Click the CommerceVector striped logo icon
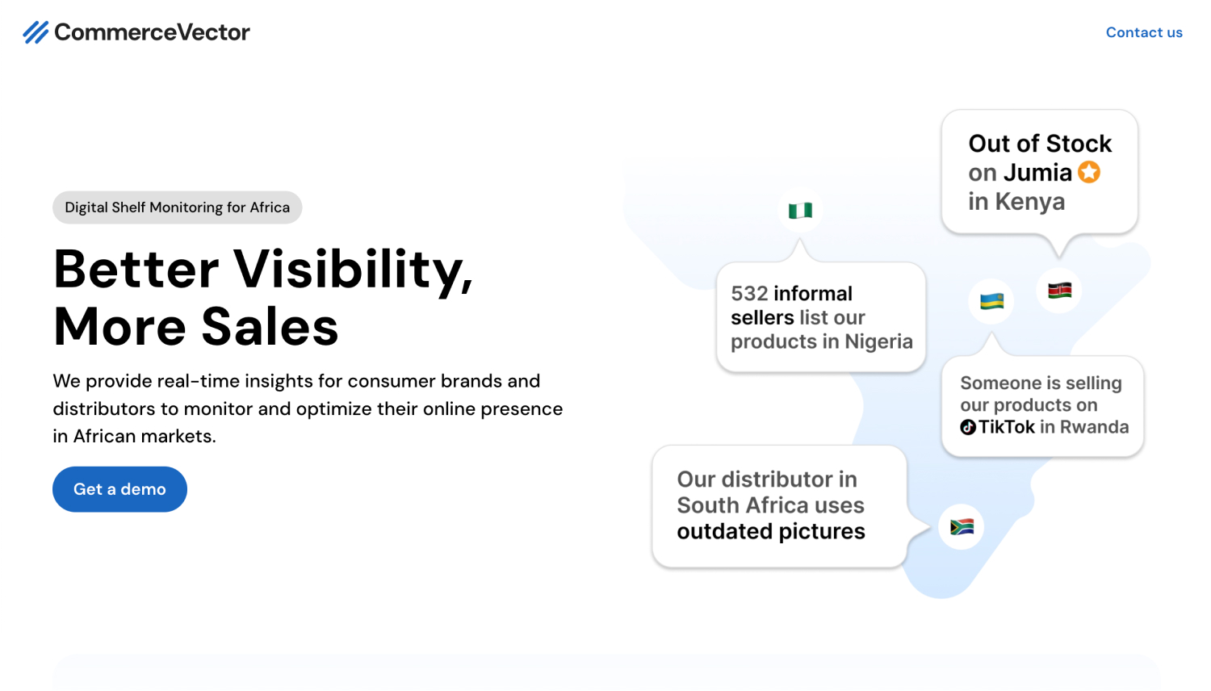36,32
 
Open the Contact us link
1144,32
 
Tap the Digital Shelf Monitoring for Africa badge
178,207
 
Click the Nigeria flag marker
800,210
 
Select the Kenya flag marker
1059,291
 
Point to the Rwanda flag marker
991,301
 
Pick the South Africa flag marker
962,526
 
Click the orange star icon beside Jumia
1089,173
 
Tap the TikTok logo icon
968,427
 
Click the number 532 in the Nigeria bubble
749,294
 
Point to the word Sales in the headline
270,327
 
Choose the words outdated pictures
771,531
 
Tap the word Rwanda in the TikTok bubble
1094,427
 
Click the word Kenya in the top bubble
1030,202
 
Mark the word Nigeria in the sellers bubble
878,341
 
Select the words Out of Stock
1040,144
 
